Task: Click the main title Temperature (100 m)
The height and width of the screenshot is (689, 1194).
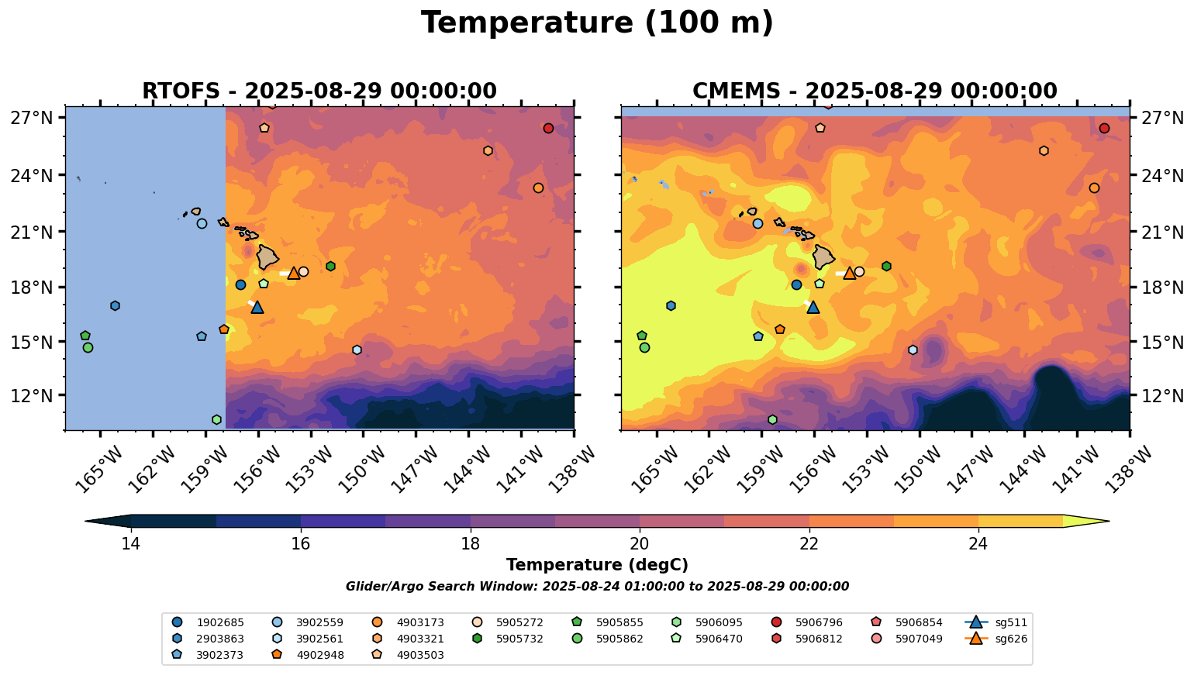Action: tap(597, 23)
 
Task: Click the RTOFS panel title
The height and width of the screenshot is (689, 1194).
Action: tap(319, 91)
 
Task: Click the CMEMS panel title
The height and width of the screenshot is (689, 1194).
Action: tap(875, 91)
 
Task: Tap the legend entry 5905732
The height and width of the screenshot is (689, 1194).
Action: tap(620, 639)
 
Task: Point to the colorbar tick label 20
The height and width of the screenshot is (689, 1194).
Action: tap(640, 544)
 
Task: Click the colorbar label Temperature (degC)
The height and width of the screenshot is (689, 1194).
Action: tap(597, 566)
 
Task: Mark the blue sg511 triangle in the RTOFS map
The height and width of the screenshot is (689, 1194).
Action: tap(257, 308)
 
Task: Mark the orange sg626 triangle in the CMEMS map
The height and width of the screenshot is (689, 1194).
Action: tap(850, 273)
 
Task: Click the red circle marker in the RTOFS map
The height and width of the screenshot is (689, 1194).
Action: tap(548, 129)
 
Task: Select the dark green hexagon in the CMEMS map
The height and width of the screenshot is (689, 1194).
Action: tap(886, 267)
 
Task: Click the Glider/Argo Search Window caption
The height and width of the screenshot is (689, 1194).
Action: tap(597, 587)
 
